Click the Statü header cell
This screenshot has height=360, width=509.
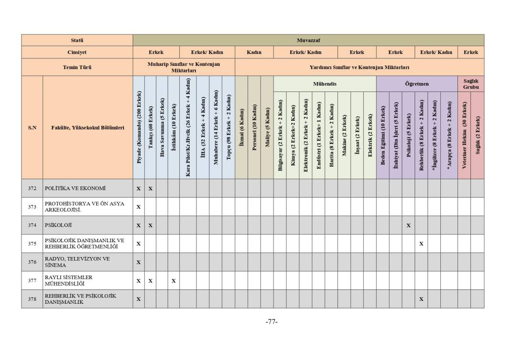coord(77,40)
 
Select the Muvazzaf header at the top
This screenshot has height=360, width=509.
coord(308,40)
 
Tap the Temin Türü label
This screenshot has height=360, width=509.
coord(77,67)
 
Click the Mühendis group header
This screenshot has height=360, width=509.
coord(325,84)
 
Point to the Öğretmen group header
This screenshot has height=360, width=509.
coord(417,84)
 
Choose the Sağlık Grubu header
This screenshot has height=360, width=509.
coord(470,84)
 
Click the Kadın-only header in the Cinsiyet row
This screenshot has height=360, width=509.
coord(254,52)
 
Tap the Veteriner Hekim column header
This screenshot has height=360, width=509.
coord(464,135)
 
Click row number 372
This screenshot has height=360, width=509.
coord(32,188)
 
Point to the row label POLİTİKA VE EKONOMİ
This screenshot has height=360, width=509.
coord(75,188)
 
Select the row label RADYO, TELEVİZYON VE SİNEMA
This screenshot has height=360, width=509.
coord(77,262)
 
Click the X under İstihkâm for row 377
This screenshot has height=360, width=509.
coord(173,281)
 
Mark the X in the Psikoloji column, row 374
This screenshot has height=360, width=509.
coord(408,226)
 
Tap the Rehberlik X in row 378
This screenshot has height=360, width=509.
coord(421,299)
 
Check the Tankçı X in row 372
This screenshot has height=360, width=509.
coord(150,189)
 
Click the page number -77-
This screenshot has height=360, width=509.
coord(272,322)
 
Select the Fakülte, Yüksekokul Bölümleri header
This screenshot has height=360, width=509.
coord(88,128)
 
